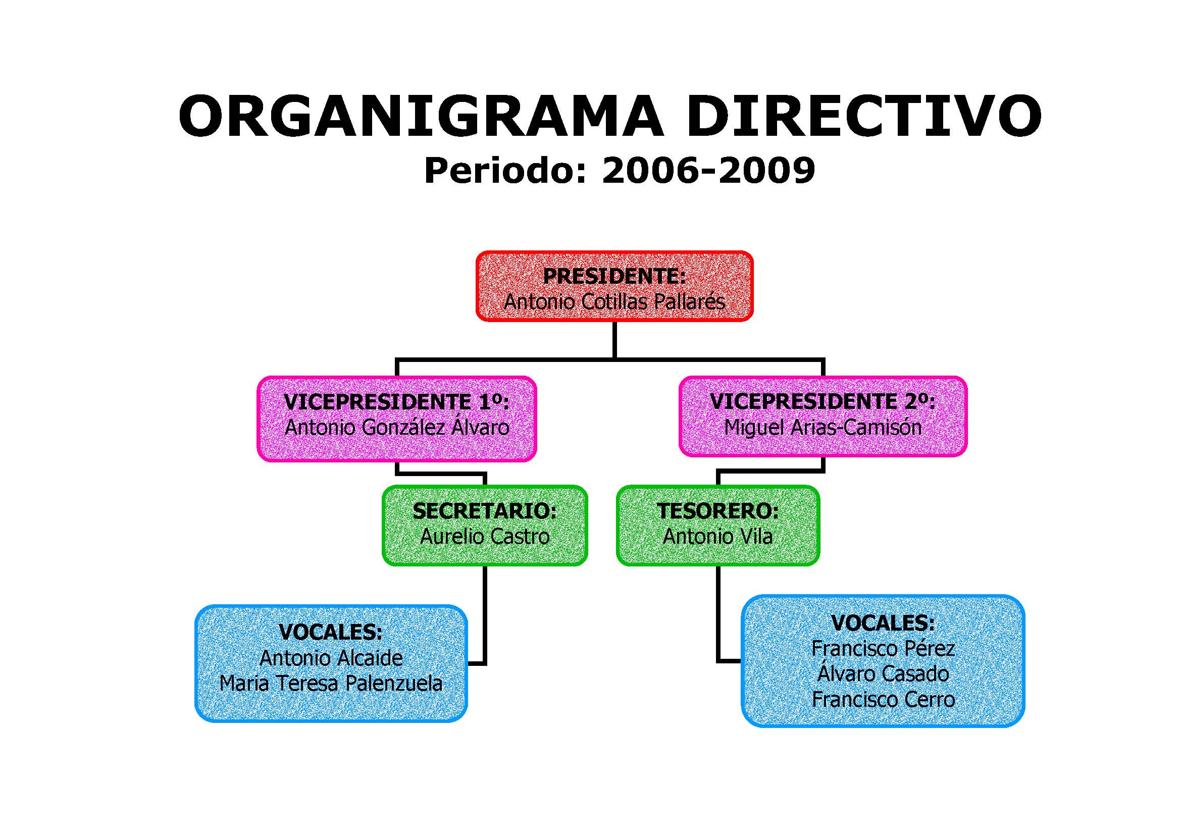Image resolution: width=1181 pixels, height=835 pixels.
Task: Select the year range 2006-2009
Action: tap(708, 171)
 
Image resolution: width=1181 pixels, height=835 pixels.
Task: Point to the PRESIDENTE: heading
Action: tap(614, 277)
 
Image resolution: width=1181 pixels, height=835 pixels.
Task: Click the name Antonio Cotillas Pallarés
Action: tap(614, 302)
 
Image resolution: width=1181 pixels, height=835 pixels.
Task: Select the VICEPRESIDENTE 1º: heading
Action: tap(396, 402)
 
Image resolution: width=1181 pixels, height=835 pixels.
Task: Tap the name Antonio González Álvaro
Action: tap(396, 427)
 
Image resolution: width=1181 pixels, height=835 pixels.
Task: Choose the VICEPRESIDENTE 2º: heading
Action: tap(823, 401)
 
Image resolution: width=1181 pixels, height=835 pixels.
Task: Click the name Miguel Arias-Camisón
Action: tap(823, 427)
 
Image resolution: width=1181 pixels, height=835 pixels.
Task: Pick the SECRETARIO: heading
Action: tap(485, 511)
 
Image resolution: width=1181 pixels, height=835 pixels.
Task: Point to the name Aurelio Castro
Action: tap(485, 537)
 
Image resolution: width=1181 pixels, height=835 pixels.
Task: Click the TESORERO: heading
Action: tap(717, 511)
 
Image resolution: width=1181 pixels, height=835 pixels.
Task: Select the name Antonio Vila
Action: tap(717, 537)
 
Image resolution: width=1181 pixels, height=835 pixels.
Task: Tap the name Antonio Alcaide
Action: tap(331, 658)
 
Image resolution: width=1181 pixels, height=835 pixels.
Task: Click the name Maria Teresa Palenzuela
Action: tap(331, 684)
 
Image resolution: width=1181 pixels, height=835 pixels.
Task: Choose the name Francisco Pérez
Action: tap(883, 648)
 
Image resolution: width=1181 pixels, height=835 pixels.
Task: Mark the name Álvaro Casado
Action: tap(883, 673)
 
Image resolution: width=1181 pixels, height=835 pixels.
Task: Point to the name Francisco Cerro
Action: tap(883, 700)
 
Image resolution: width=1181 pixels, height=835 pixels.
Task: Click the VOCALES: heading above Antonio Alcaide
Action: tap(331, 633)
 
